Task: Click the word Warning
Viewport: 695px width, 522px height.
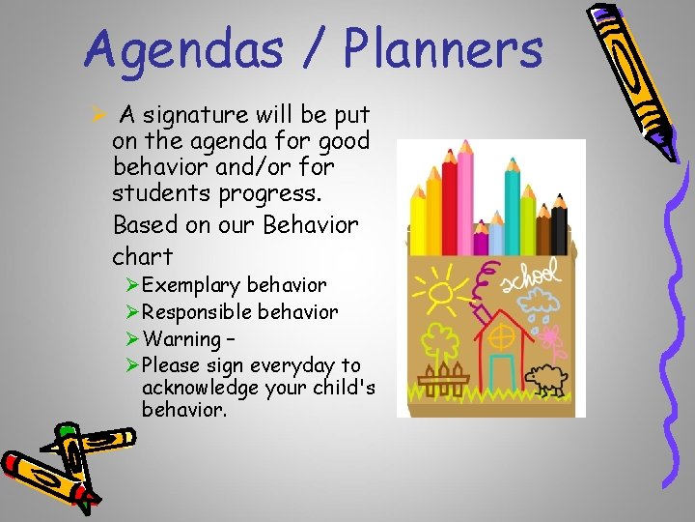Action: [181, 339]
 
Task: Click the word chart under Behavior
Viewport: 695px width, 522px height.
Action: [143, 256]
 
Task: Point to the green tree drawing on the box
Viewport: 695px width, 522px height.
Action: [442, 340]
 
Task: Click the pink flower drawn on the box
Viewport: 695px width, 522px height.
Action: [552, 340]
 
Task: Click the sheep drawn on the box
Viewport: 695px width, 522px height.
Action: [551, 380]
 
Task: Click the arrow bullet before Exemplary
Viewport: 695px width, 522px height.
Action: [133, 286]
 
